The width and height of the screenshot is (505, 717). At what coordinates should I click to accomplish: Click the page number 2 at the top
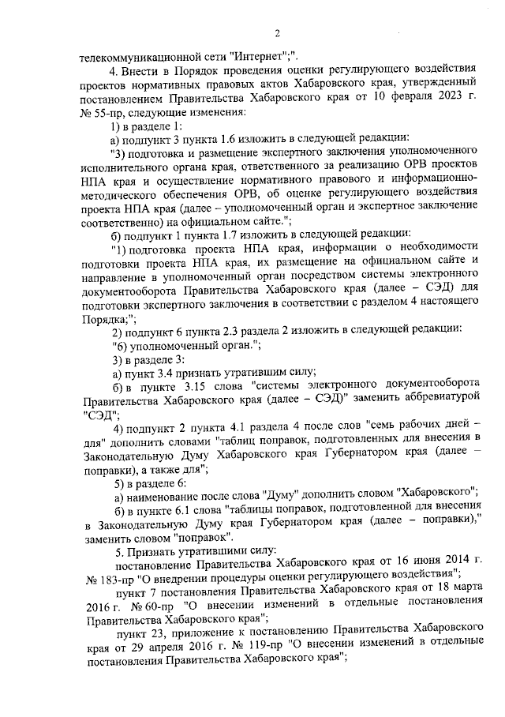click(x=277, y=32)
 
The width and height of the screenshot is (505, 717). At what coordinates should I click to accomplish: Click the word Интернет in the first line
click(x=257, y=56)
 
